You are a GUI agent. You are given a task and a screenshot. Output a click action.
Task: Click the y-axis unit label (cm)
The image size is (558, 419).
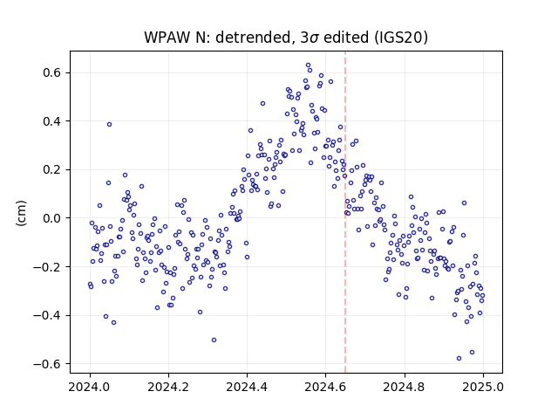coord(21,213)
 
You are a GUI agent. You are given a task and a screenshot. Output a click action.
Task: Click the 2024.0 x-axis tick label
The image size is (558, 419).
coord(90,387)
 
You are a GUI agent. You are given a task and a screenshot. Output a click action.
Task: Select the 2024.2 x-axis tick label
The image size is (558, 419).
coord(168,387)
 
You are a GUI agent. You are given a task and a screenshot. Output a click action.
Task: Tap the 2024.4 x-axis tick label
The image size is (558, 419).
coord(247,387)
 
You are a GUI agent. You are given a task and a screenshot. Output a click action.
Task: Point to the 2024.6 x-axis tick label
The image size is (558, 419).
coord(325,387)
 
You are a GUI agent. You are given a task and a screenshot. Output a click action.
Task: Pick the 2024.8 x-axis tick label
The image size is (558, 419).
coord(405,387)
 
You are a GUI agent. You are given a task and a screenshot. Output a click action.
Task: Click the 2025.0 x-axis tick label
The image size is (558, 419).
coord(483,387)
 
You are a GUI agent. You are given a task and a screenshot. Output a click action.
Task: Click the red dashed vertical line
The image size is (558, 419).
coord(345,212)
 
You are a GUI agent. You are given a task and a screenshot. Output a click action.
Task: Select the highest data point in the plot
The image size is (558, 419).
coord(308,65)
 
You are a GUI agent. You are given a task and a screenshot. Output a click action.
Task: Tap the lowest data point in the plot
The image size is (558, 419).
coord(459,358)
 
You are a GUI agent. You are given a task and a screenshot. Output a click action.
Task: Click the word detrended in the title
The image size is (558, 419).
coord(254,37)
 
